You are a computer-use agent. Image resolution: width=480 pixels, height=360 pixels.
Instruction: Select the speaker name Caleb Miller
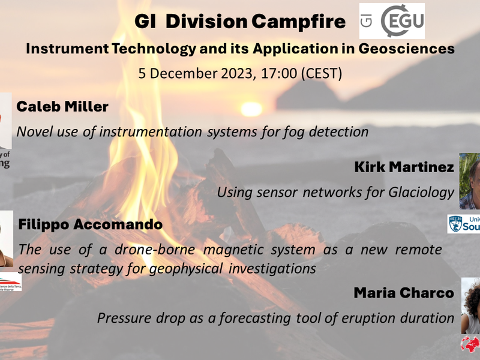click(62, 107)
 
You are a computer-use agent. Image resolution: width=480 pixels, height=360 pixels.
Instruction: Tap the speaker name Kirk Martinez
click(404, 167)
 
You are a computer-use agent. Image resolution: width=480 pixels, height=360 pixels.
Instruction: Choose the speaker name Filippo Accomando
click(90, 225)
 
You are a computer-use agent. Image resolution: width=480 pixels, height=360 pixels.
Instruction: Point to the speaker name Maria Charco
click(404, 293)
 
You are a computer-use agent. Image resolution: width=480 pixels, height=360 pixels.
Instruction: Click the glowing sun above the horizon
click(251, 109)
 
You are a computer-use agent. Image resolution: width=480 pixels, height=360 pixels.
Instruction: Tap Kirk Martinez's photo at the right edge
click(470, 180)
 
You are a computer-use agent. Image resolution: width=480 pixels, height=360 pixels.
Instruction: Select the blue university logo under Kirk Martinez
click(464, 224)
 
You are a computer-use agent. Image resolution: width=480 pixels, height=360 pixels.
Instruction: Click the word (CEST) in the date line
click(321, 74)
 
